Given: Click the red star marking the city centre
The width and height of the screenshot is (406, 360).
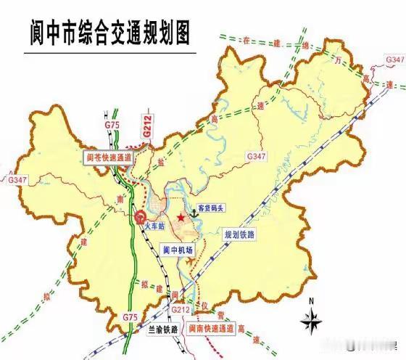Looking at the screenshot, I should click(181, 217).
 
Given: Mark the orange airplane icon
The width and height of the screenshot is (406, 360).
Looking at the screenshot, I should click(191, 259).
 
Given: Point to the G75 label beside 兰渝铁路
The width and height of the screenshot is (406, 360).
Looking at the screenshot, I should click(128, 317).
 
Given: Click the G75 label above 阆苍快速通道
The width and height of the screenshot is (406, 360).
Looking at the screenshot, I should click(112, 126).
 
